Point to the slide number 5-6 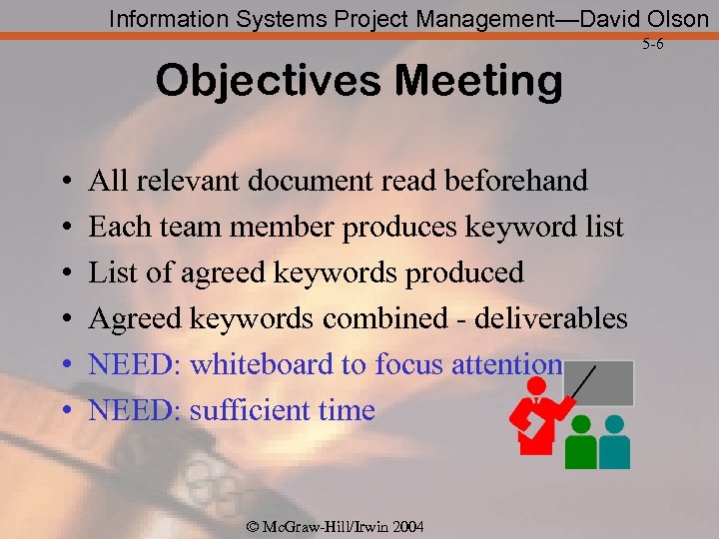click(653, 45)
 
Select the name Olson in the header click(674, 18)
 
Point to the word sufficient click(242, 410)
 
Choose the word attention click(512, 364)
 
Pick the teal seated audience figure click(614, 444)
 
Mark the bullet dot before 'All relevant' click(64, 183)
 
